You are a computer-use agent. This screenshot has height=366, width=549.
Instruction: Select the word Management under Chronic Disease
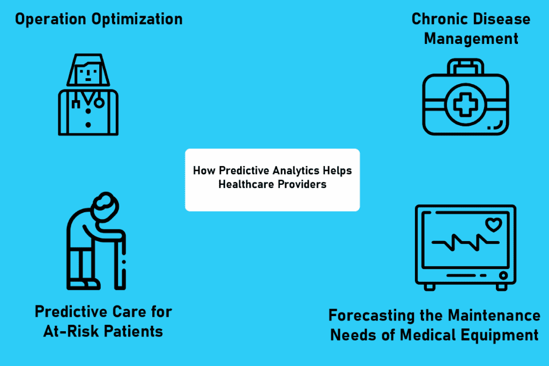point(471,39)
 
